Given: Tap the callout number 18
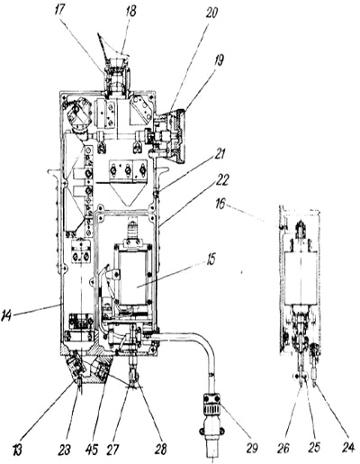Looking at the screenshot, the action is pyautogui.click(x=131, y=11).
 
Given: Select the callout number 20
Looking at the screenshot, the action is pyautogui.click(x=211, y=14).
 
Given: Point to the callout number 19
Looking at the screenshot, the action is pyautogui.click(x=219, y=61).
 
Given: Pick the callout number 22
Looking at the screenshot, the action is pyautogui.click(x=221, y=180).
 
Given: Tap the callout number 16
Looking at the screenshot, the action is pyautogui.click(x=220, y=205).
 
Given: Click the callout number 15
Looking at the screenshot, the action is pyautogui.click(x=211, y=259).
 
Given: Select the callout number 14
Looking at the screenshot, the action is pyautogui.click(x=8, y=316).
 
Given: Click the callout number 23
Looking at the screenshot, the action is pyautogui.click(x=64, y=450).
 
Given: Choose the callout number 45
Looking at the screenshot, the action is pyautogui.click(x=92, y=450).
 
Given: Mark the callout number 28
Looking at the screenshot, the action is pyautogui.click(x=160, y=450).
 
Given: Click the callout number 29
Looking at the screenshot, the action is pyautogui.click(x=251, y=448).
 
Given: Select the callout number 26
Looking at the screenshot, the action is pyautogui.click(x=283, y=448).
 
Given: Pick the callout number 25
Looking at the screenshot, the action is pyautogui.click(x=313, y=447).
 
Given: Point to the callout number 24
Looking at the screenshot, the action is pyautogui.click(x=348, y=447).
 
